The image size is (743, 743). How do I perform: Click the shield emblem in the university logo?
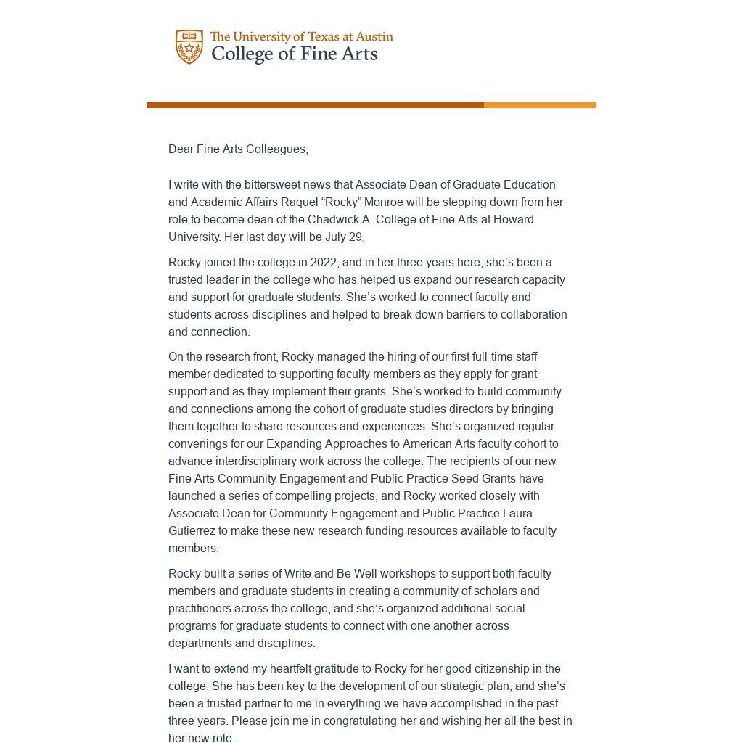point(189,47)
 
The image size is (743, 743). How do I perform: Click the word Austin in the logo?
point(374,37)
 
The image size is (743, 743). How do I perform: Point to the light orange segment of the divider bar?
point(540,105)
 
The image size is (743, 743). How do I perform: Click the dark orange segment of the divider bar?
point(315,105)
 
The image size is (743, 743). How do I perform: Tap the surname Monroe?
point(383,202)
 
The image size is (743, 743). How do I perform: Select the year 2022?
point(324,262)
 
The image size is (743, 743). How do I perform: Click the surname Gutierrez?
point(192,530)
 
